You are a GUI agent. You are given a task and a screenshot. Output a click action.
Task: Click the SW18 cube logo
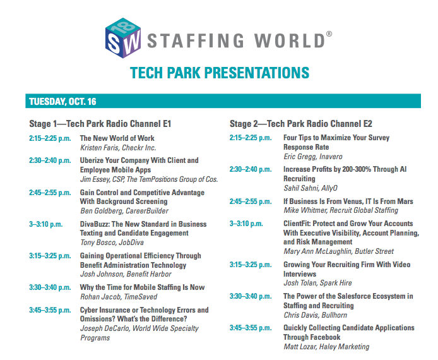pyautogui.click(x=123, y=38)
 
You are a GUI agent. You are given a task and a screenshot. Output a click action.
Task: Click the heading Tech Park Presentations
pyautogui.click(x=220, y=73)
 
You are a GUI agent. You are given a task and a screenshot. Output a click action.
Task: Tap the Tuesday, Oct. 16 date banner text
pyautogui.click(x=62, y=102)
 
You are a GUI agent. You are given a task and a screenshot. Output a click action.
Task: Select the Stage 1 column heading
pyautogui.click(x=100, y=124)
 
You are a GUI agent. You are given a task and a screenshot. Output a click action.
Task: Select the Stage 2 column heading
pyautogui.click(x=301, y=124)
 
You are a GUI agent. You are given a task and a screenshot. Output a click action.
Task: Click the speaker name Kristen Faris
pyautogui.click(x=98, y=148)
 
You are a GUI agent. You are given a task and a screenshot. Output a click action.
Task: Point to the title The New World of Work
pyautogui.click(x=117, y=138)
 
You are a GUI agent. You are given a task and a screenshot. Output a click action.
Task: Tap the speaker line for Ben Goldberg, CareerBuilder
pyautogui.click(x=124, y=211)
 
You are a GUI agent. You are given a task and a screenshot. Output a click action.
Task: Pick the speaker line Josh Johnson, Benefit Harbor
pyautogui.click(x=126, y=274)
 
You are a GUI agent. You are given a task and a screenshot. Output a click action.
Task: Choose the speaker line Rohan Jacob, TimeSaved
pyautogui.click(x=119, y=297)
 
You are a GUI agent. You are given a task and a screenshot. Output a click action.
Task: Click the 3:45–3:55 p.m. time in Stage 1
pyautogui.click(x=50, y=310)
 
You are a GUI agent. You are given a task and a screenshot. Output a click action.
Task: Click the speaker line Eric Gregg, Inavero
pyautogui.click(x=313, y=157)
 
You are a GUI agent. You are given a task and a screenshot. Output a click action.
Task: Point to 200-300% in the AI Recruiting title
pyautogui.click(x=357, y=169)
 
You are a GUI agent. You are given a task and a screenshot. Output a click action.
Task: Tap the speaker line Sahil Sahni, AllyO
pyautogui.click(x=311, y=188)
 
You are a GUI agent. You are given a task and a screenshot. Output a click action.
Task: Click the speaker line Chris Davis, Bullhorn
pyautogui.click(x=316, y=315)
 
